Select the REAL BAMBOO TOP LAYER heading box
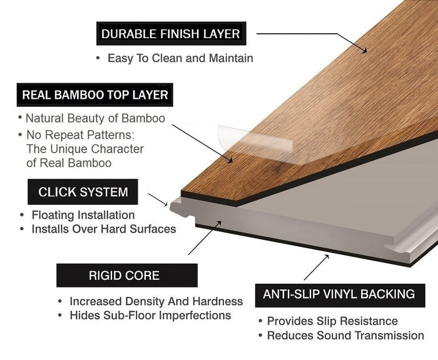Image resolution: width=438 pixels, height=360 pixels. pyautogui.click(x=95, y=95)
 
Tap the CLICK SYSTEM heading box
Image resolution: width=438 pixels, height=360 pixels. pyautogui.click(x=83, y=192)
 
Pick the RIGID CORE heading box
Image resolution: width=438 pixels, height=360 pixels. pyautogui.click(x=124, y=275)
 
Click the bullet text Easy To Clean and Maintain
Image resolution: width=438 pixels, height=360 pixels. pyautogui.click(x=180, y=58)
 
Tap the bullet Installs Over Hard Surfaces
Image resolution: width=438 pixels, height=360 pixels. pyautogui.click(x=103, y=229)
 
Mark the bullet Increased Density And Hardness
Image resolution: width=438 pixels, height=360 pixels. pyautogui.click(x=156, y=301)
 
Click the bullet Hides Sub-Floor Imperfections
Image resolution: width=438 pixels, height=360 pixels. pyautogui.click(x=150, y=315)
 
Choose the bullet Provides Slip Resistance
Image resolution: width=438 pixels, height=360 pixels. pyautogui.click(x=332, y=321)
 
